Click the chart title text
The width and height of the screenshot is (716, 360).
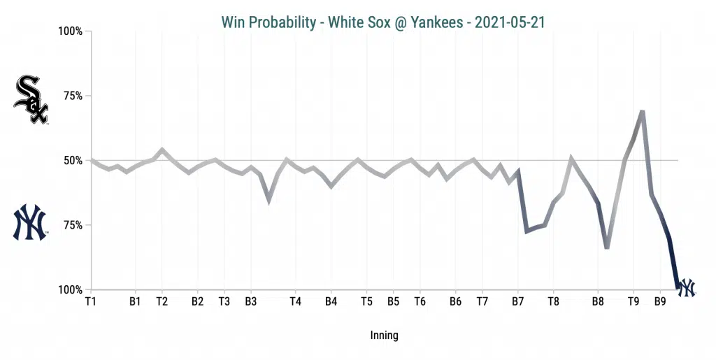coord(383,22)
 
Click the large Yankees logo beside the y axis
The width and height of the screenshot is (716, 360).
coord(30,223)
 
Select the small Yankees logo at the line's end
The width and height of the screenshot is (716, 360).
coord(687,287)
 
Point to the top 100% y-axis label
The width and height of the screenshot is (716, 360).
coord(70,31)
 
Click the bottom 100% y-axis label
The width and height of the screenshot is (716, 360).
coord(70,290)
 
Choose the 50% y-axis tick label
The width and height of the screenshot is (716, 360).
coord(73,161)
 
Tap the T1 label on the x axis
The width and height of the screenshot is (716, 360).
coord(90,302)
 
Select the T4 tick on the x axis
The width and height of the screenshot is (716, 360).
coord(295,302)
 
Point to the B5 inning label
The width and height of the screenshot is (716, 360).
coord(393,302)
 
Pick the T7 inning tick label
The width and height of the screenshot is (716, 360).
coord(482,302)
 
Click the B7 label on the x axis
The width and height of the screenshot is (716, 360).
coord(518,302)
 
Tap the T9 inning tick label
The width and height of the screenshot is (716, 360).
coord(633,302)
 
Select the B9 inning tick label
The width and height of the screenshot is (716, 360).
coord(660,302)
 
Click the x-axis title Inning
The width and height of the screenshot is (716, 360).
coord(384,336)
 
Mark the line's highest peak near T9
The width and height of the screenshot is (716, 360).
coord(642,111)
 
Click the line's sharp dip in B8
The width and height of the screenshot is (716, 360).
coord(607,247)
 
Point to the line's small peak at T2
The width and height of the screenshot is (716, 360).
coord(162,149)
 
